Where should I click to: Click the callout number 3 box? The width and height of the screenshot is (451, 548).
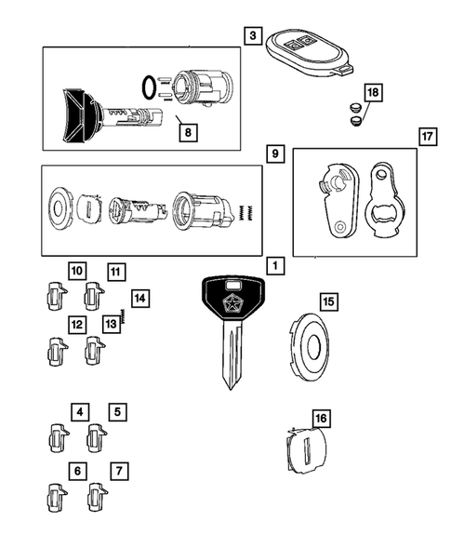[253, 35]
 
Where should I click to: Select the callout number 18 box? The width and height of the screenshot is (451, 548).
[372, 92]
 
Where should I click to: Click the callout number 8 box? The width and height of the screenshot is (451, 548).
[187, 132]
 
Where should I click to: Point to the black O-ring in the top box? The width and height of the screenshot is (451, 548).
[148, 88]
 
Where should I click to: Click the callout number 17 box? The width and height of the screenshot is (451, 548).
[428, 138]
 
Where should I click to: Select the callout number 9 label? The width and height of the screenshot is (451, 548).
[274, 154]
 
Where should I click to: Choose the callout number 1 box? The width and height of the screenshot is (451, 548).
[275, 266]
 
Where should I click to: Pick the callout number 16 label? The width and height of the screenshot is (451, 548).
[320, 419]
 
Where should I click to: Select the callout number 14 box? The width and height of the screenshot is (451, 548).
[139, 298]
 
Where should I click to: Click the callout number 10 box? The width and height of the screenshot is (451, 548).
[77, 272]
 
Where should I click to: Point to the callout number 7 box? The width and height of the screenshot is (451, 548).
[119, 472]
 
